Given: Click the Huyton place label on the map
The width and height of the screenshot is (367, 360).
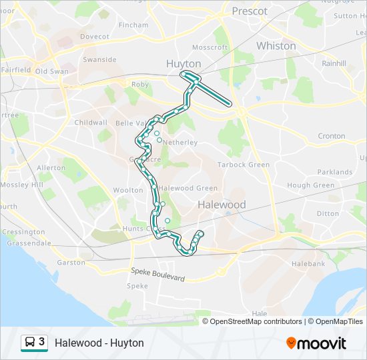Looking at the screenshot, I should [183, 64].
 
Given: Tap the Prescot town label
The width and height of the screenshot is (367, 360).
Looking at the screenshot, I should [250, 11].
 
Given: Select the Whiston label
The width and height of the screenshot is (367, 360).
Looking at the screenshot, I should [276, 46].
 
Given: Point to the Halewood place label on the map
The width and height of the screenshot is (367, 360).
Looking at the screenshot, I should [222, 205].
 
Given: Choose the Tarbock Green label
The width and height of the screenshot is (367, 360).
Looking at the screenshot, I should [244, 165].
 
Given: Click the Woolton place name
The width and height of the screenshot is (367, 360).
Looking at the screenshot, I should [109, 191].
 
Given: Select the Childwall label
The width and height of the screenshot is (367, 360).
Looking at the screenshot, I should [91, 123].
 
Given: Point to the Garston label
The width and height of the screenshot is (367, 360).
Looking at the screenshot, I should [71, 263].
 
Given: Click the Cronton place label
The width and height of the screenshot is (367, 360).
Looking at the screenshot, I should [331, 136].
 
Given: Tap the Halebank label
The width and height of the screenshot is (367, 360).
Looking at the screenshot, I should [308, 264].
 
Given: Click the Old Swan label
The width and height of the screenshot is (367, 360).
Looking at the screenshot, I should [52, 71].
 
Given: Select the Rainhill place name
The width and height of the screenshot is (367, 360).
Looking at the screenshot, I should [334, 64].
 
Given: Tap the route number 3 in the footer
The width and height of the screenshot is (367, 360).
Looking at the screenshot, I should [42, 342].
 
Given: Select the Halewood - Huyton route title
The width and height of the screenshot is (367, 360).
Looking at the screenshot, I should [99, 343].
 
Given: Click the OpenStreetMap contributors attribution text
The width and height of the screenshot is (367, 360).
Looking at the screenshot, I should [256, 321].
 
